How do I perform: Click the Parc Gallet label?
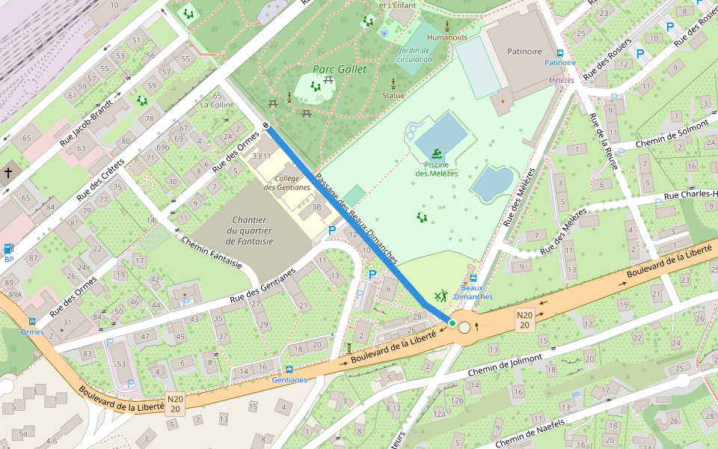pyautogui.click(x=340, y=70)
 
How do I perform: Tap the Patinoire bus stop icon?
pyautogui.click(x=560, y=52)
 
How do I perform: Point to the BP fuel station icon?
pyautogui.click(x=8, y=248)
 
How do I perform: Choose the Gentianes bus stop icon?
pyautogui.click(x=289, y=370)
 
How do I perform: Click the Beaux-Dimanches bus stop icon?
pyautogui.click(x=473, y=278)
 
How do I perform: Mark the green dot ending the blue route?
pyautogui.click(x=452, y=323)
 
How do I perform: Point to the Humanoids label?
pyautogui.click(x=447, y=37)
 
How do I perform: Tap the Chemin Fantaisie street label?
pyautogui.click(x=212, y=252)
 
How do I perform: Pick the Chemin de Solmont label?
pyautogui.click(x=671, y=132)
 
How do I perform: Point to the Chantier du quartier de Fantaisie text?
pyautogui.click(x=252, y=230)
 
